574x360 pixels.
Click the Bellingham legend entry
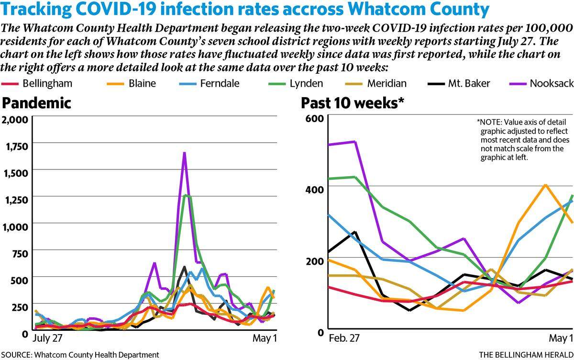pos(37,84)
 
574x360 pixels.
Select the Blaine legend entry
pos(131,84)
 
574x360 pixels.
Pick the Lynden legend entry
pos(296,84)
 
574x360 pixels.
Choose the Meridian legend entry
pos(375,84)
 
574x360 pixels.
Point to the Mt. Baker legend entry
pos(459,84)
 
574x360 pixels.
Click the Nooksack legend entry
pos(541,84)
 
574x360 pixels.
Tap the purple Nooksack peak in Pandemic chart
pos(184,153)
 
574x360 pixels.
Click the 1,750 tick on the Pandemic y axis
pos(17,146)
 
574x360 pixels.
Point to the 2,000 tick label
pos(15,120)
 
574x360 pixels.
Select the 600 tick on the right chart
pos(315,119)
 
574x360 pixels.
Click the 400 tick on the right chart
pos(315,190)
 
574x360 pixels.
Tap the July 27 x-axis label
pos(47,338)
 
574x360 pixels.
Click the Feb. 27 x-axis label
pos(344,338)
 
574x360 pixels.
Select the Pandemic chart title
pos(36,103)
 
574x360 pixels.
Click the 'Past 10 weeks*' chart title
pos(353,103)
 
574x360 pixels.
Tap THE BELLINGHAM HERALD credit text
pos(526,355)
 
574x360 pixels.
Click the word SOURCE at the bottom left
pos(16,355)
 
